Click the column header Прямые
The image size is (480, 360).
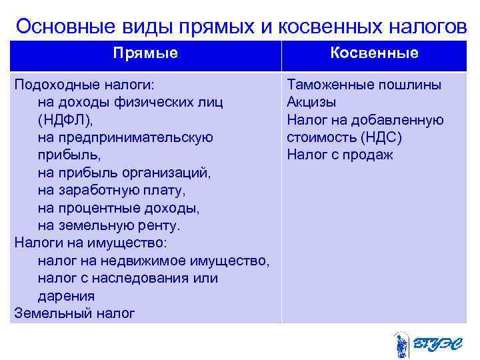click(x=145, y=53)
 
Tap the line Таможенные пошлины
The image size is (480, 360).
click(x=364, y=85)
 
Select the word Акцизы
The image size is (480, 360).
click(x=311, y=103)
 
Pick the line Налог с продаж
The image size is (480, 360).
click(x=340, y=155)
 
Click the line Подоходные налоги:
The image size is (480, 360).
click(x=84, y=85)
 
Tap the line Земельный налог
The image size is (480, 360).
click(x=74, y=313)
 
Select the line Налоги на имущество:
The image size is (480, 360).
click(x=89, y=243)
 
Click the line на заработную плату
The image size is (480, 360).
click(x=112, y=191)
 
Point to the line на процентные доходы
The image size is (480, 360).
click(x=119, y=208)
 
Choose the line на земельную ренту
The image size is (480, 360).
click(x=109, y=225)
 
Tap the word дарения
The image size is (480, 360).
click(x=66, y=295)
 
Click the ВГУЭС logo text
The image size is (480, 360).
click(x=437, y=344)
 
